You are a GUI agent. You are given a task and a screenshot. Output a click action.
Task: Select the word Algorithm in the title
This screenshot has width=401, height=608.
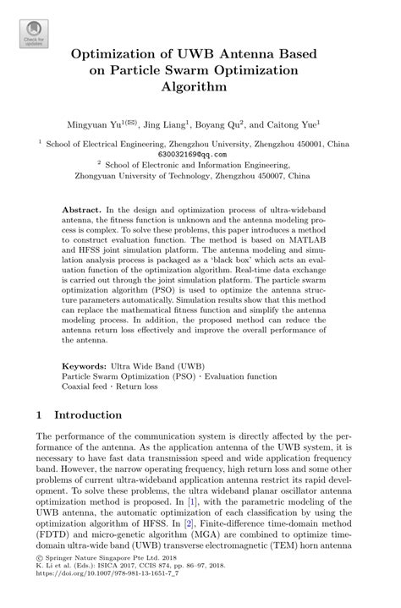(200, 86)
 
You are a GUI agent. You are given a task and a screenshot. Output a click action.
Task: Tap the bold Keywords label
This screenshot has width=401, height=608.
(89, 367)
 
